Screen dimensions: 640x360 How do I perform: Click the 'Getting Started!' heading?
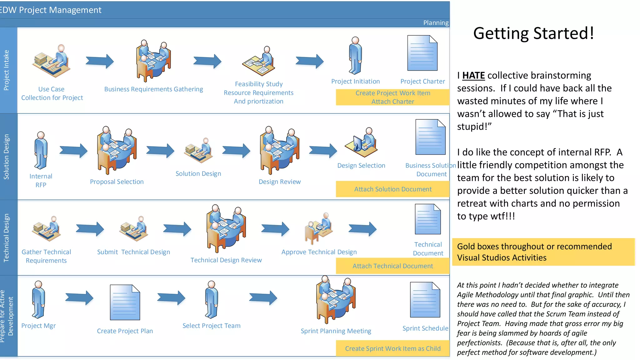533,33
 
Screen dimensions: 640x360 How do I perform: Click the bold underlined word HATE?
473,75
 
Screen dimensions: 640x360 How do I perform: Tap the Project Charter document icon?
422,53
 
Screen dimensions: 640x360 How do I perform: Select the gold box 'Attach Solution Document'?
392,189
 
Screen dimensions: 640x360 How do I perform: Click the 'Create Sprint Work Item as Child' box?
392,348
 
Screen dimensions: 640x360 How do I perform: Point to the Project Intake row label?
7,70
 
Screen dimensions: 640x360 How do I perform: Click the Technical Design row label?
7,237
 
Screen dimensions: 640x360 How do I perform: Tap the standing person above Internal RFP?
41,150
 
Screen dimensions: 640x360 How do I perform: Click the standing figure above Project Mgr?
38,299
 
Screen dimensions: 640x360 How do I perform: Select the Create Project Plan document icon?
125,302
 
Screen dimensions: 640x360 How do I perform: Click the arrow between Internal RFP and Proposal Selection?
73,151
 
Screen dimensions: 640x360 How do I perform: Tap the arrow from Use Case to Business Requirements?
100,61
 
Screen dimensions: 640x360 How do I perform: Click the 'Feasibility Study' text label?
258,84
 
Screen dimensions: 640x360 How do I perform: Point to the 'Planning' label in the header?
436,23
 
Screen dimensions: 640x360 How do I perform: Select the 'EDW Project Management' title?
51,10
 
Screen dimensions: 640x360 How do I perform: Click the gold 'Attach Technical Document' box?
392,266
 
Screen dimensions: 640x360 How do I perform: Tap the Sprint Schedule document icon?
425,300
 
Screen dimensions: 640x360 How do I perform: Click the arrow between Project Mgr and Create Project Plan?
79,297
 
